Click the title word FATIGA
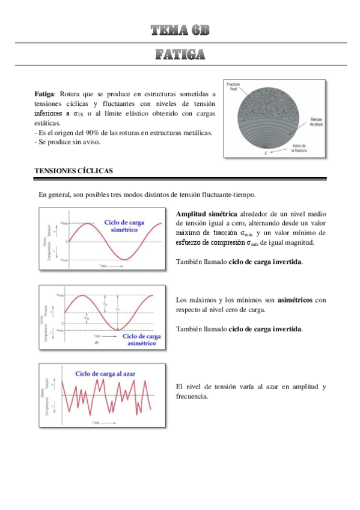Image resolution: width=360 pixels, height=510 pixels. pos(180,55)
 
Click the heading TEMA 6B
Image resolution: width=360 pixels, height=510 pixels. pos(180,31)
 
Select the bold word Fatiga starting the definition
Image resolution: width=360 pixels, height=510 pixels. pos(44,94)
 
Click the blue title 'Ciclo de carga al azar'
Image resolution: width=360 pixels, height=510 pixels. pos(105,373)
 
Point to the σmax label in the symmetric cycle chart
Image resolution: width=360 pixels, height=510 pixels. pos(64,223)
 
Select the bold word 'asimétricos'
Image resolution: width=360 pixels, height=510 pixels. pos(295,300)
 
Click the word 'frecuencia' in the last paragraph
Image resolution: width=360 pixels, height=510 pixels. pos(192,396)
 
